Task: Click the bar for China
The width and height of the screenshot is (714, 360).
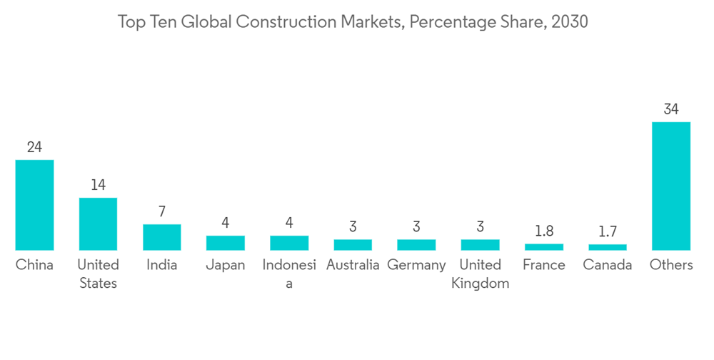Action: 34,205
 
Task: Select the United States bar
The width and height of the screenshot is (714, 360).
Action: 98,224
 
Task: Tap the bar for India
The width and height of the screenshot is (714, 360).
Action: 161,237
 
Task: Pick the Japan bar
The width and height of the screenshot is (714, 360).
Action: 226,243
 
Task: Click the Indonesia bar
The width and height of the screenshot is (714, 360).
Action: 289,243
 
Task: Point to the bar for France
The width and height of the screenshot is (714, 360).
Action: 544,247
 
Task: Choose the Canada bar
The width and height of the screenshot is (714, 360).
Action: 608,247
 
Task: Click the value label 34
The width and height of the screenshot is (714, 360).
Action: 671,109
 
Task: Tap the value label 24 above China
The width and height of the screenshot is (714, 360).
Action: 34,147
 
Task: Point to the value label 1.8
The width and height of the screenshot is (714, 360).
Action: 544,231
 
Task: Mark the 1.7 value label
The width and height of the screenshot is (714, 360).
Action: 608,232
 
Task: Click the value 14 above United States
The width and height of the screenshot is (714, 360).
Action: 98,185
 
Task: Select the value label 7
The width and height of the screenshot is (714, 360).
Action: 161,212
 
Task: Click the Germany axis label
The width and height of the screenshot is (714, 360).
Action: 416,265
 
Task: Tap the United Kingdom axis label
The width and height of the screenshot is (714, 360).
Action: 481,274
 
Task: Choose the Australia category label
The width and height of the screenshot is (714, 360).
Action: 353,265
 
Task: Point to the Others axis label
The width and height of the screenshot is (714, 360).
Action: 671,265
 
